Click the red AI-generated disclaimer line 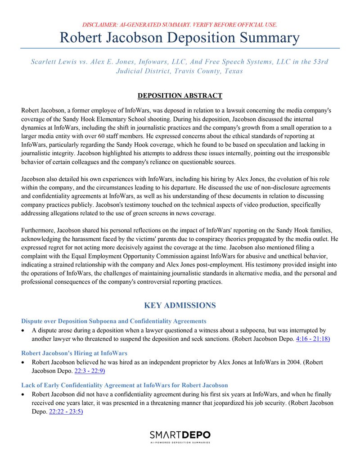[x=180, y=24]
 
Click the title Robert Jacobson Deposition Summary [x=180, y=37]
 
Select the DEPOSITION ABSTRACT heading [x=180, y=95]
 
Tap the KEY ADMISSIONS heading [x=180, y=306]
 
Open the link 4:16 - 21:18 [x=313, y=339]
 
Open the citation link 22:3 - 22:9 [x=90, y=371]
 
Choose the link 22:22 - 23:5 [x=66, y=412]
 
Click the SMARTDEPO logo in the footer [x=180, y=435]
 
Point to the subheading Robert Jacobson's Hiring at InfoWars [x=74, y=353]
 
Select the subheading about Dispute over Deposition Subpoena [x=113, y=321]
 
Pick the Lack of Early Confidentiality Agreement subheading [x=124, y=385]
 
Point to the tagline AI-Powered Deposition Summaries [x=180, y=443]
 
